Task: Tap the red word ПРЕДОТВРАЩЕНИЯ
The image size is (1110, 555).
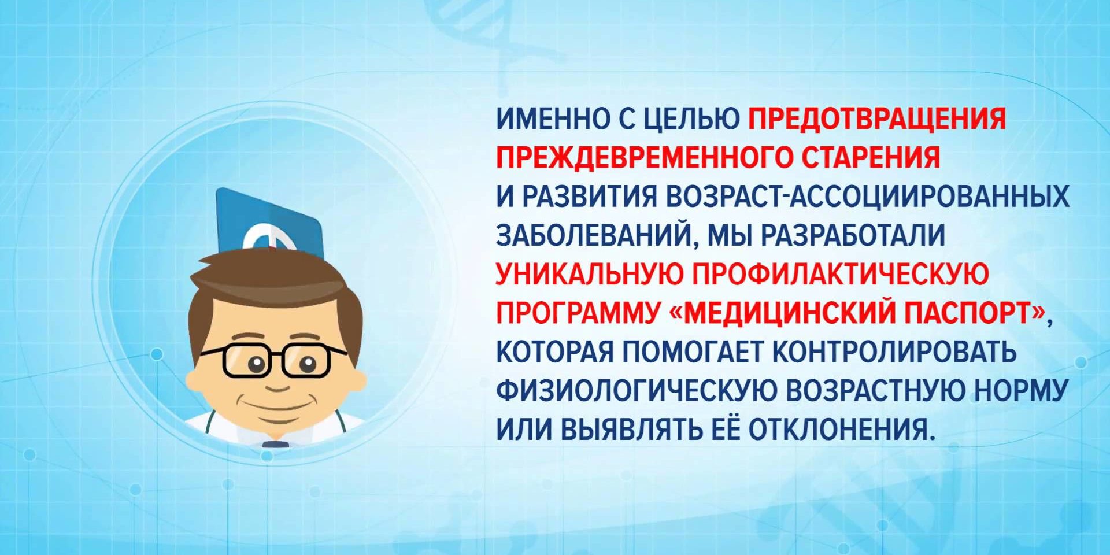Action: (x=878, y=119)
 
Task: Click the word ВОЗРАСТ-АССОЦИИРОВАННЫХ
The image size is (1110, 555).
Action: (x=867, y=197)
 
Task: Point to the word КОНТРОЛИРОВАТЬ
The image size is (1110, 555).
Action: (x=894, y=351)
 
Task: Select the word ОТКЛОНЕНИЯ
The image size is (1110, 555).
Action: (x=841, y=429)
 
